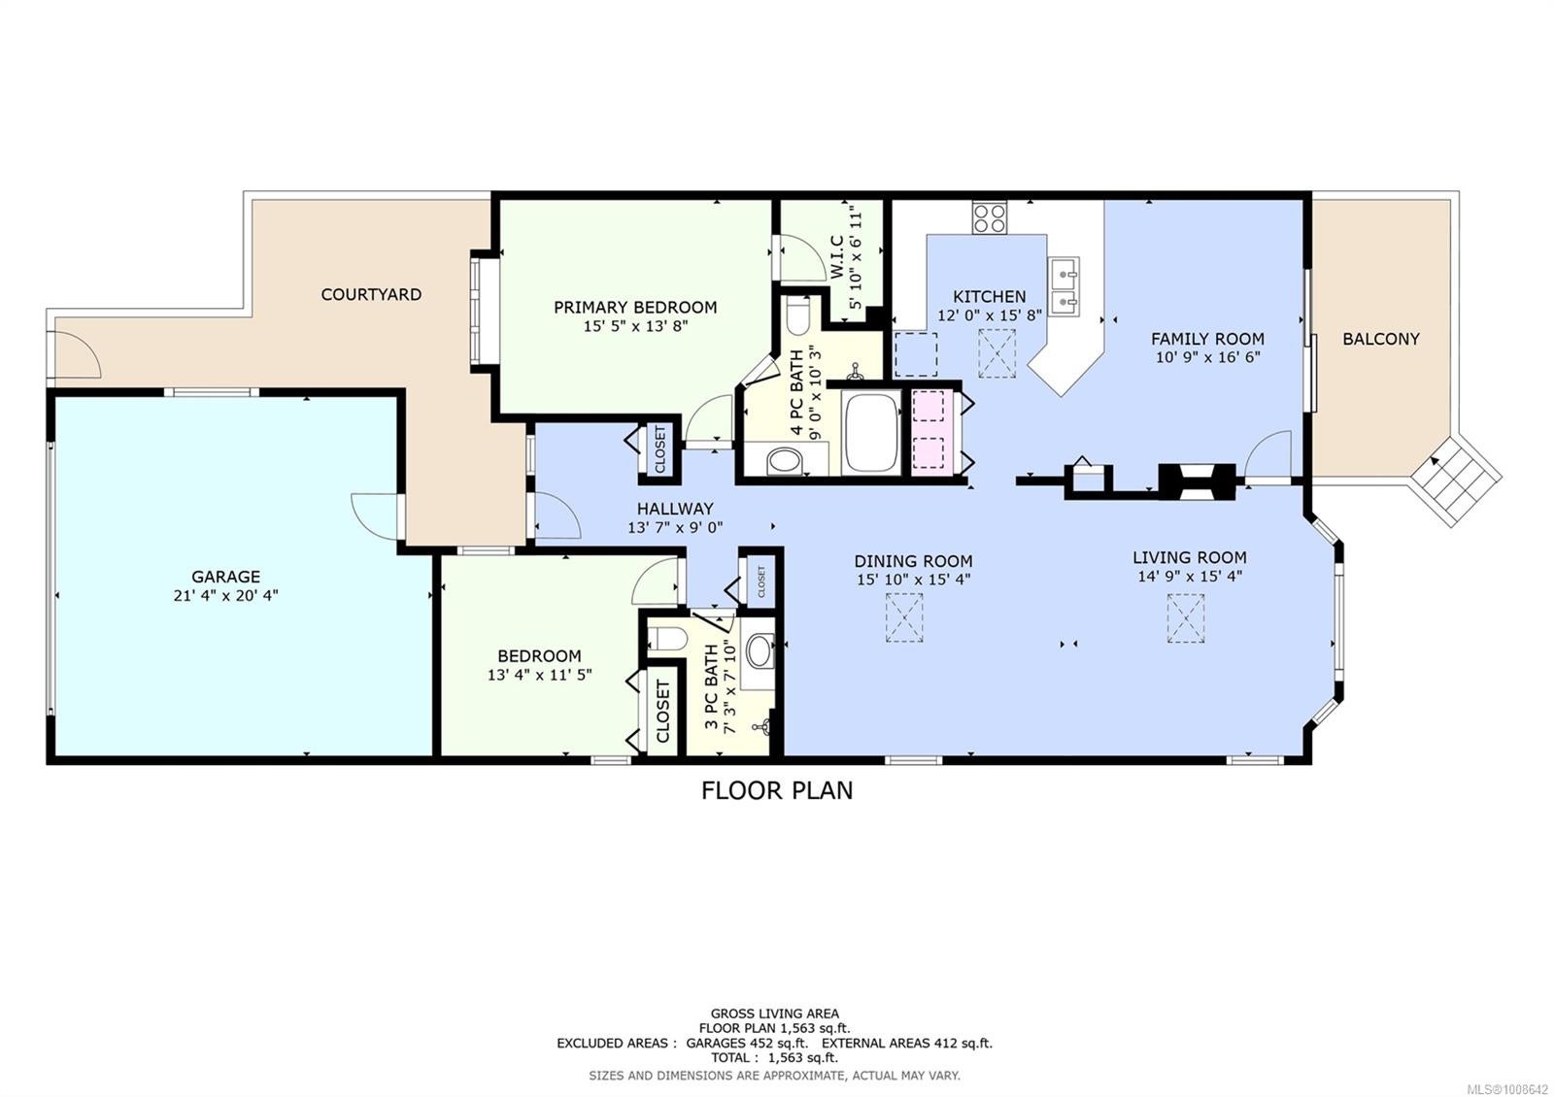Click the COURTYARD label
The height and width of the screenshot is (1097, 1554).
click(371, 294)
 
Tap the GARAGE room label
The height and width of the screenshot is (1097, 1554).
click(225, 577)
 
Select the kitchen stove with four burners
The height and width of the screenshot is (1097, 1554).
click(990, 217)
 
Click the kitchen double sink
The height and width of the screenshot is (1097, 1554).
click(1064, 286)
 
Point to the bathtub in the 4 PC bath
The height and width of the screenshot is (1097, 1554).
click(871, 433)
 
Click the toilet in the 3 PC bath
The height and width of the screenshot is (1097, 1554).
click(666, 637)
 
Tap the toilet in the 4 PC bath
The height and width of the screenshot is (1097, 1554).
click(797, 316)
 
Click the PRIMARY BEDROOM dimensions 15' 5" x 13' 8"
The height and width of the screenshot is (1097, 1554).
click(635, 326)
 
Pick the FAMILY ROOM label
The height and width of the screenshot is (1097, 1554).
click(1207, 339)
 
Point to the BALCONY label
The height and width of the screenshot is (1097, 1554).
click(1380, 339)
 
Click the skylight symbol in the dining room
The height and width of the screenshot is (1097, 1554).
click(904, 617)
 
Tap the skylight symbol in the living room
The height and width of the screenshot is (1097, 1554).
click(1186, 617)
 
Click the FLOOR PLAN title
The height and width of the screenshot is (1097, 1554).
click(777, 790)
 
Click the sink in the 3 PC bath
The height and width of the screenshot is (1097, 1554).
click(759, 650)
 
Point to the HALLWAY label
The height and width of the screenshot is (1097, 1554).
click(675, 509)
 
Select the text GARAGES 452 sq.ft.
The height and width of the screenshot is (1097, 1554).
click(747, 1043)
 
